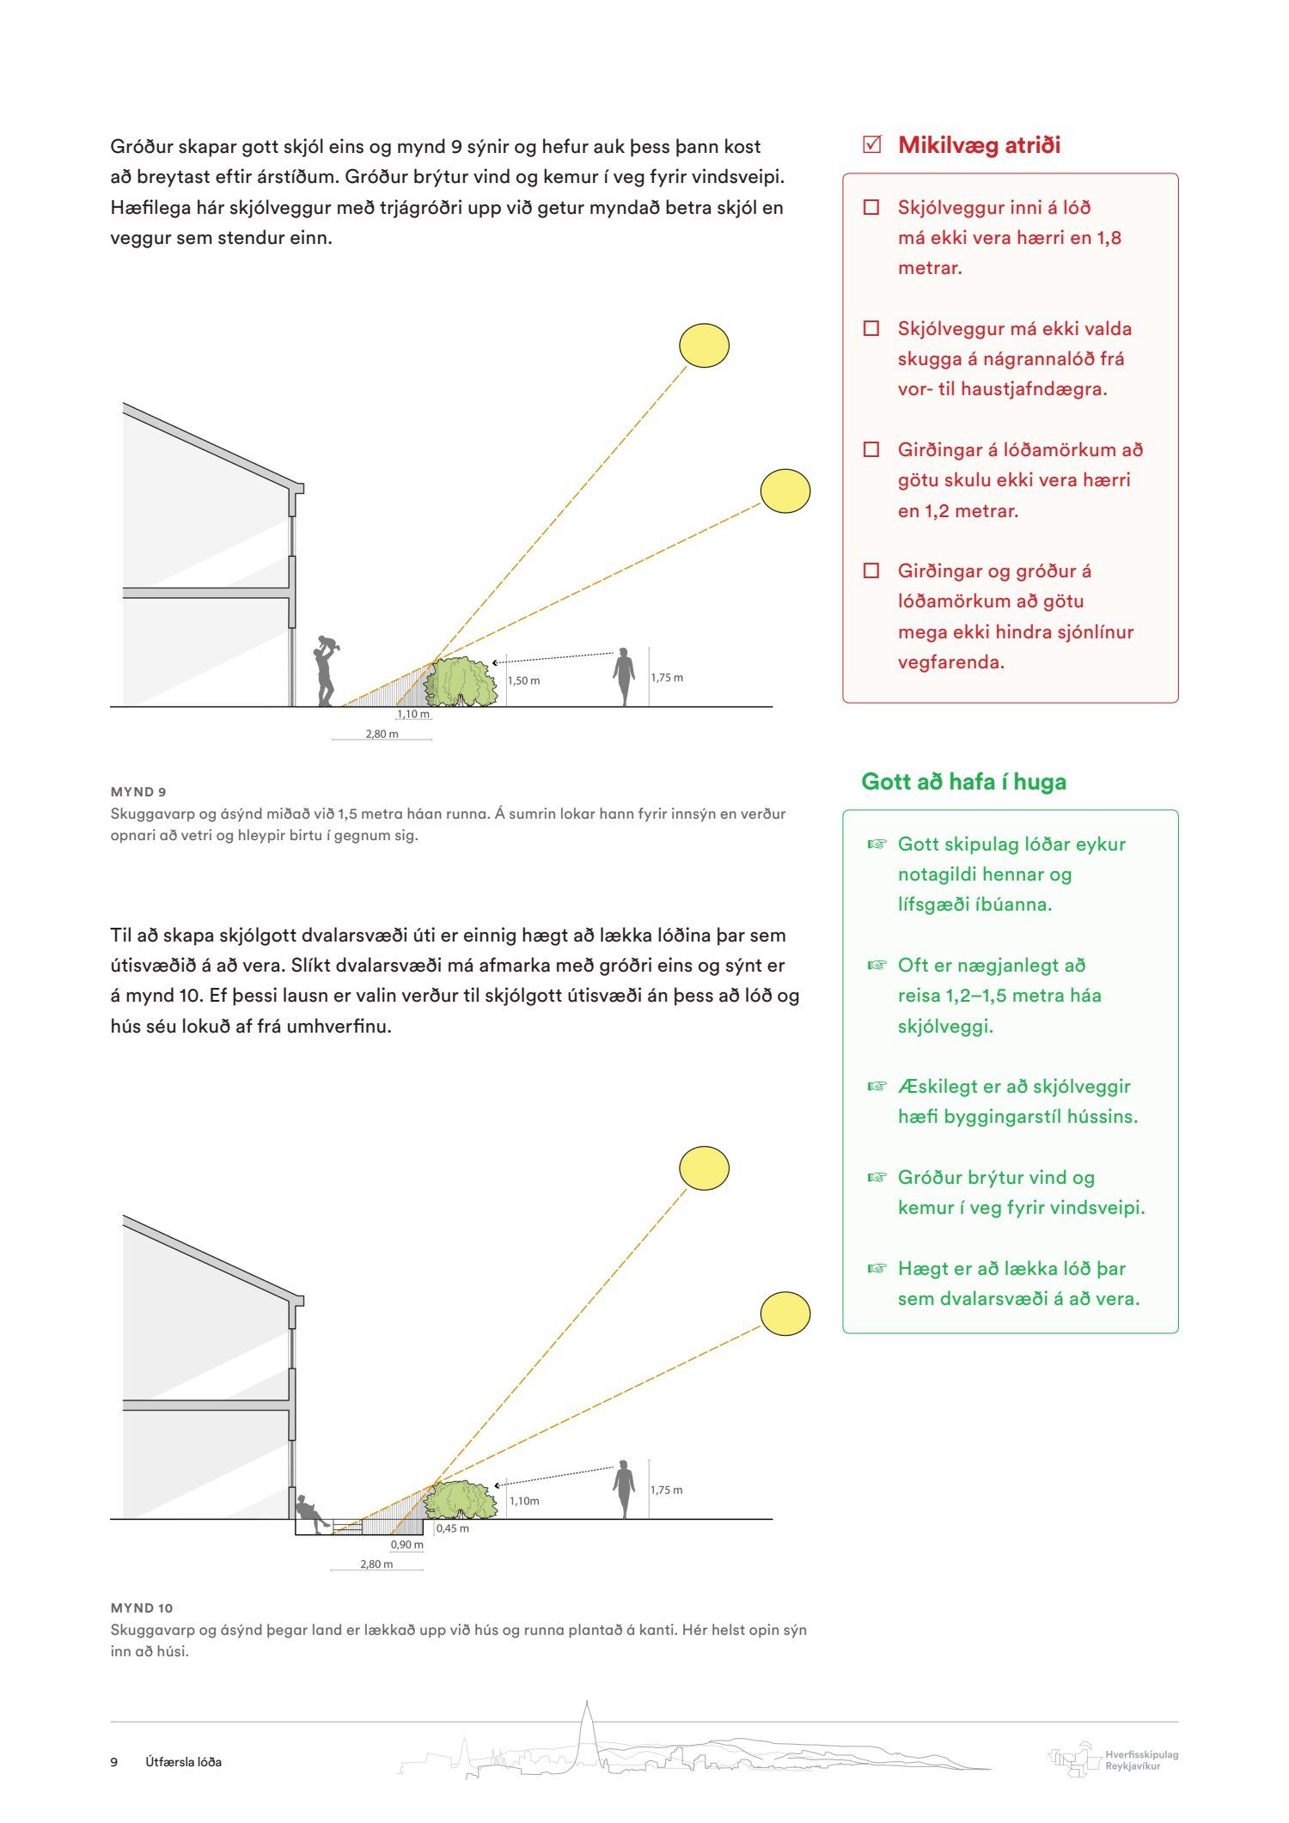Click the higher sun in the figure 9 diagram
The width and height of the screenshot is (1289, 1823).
[x=704, y=346]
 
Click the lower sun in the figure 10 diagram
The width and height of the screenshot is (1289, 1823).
[x=785, y=1314]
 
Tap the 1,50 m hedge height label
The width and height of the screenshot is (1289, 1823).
[x=524, y=680]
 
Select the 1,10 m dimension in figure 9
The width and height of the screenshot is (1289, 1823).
[x=413, y=714]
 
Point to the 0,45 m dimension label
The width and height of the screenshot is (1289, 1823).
[x=453, y=1528]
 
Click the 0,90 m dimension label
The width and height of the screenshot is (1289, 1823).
[x=407, y=1544]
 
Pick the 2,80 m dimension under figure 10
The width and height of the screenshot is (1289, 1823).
[x=376, y=1564]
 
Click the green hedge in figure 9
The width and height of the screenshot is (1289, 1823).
[x=461, y=682]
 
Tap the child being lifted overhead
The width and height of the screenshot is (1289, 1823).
[x=327, y=643]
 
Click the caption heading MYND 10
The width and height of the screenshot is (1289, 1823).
[x=142, y=1607]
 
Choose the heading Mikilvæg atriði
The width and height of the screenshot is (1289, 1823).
[x=979, y=145]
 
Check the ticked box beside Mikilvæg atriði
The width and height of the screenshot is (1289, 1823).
[x=872, y=144]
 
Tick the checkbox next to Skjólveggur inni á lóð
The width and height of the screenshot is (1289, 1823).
[x=871, y=207]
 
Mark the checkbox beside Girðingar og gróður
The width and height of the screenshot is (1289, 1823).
[x=871, y=570]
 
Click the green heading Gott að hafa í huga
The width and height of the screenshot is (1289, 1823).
[x=963, y=782]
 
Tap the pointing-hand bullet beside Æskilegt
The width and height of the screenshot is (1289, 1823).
[x=877, y=1086]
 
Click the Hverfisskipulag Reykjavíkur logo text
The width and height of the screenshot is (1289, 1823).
[x=1141, y=1760]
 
